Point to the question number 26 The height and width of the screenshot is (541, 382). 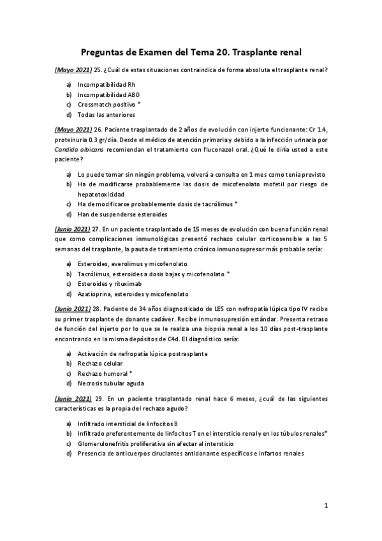[99, 130]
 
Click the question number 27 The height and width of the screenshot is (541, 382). [99, 228]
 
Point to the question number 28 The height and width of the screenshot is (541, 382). [99, 308]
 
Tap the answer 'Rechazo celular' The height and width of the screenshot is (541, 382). [99, 363]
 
